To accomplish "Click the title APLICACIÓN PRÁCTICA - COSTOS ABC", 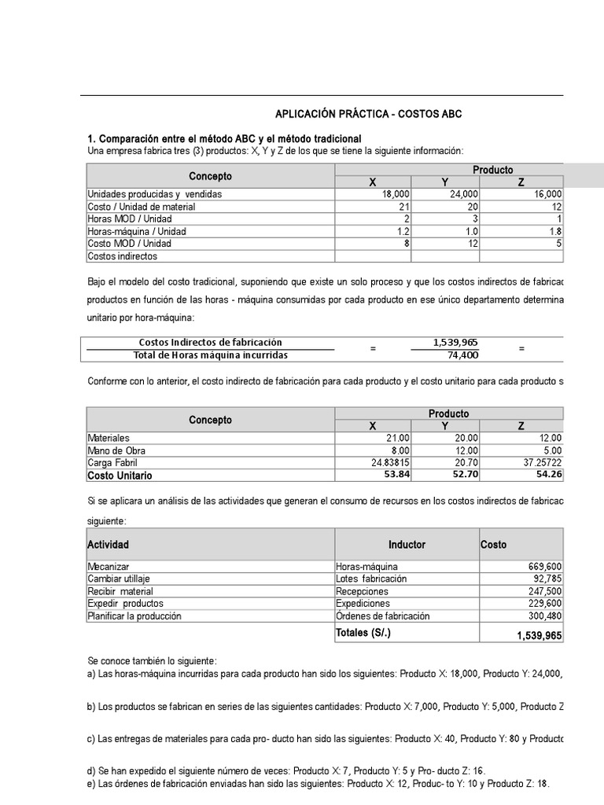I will pos(368,115).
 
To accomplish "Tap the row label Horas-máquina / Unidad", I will pos(137,231).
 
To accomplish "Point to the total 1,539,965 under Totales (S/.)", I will pos(540,635).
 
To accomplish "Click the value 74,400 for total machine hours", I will pos(462,355).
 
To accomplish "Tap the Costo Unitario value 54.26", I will pos(549,476).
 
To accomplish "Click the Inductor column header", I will pos(407,545).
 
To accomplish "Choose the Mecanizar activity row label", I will pos(109,566).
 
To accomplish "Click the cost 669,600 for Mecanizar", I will pos(542,566).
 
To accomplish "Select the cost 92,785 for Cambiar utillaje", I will pos(545,579).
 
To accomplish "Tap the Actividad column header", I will pos(109,545).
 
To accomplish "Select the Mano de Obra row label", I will pos(117,450).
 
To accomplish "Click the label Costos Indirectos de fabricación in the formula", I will pos(210,343).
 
